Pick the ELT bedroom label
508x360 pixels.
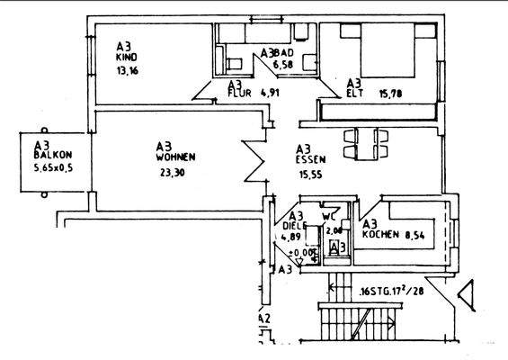click(353, 91)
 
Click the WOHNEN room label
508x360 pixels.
click(175, 157)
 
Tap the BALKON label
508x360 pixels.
click(46, 155)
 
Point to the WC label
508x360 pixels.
click(330, 216)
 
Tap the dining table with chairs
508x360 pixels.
click(367, 144)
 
